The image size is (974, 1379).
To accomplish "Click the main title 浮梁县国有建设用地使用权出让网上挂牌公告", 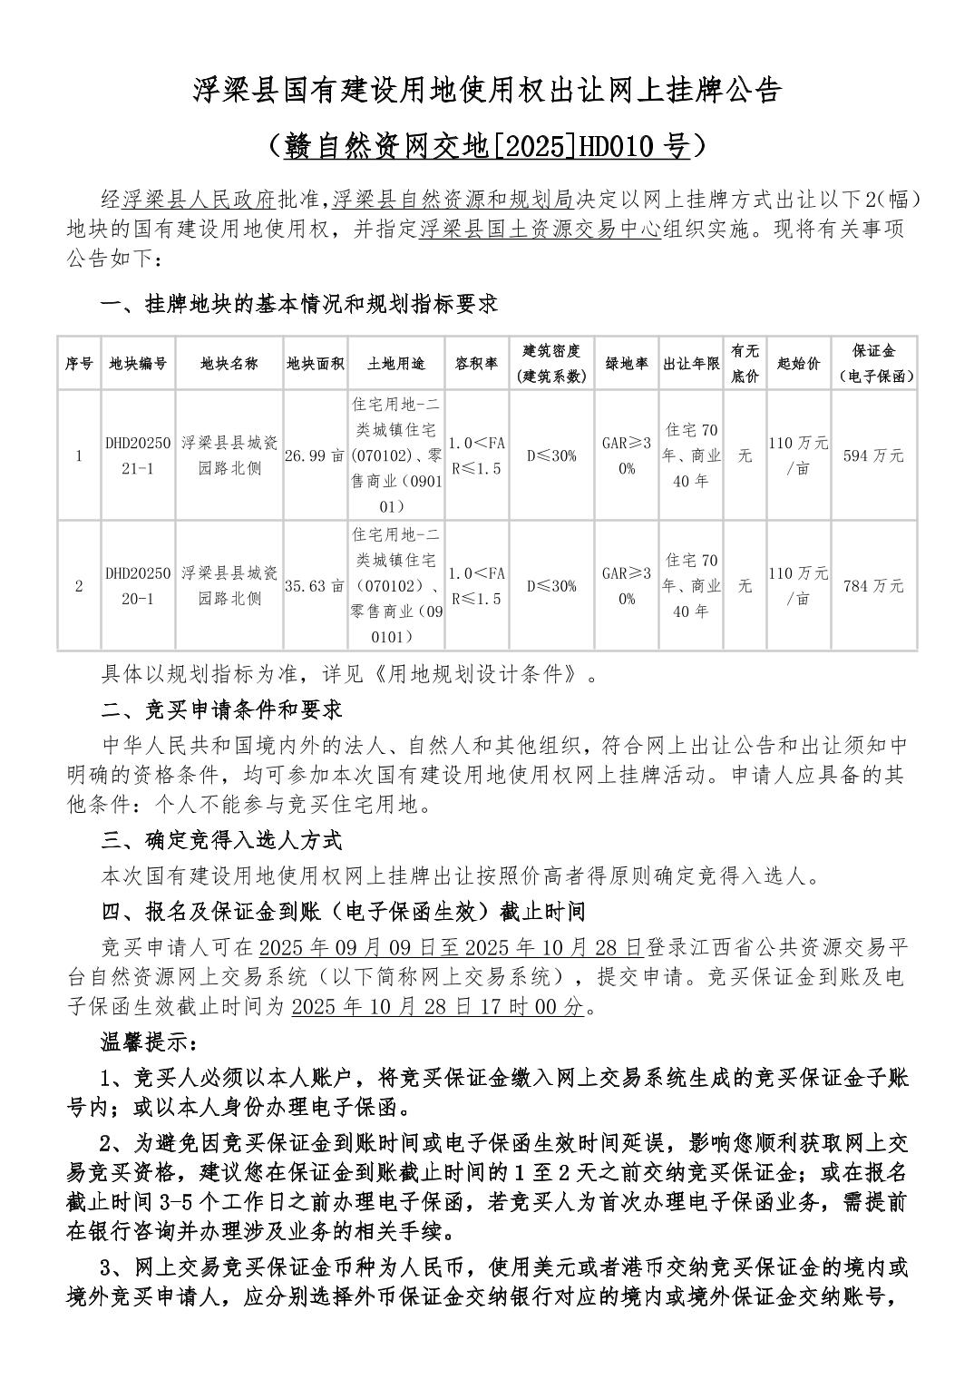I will (487, 91).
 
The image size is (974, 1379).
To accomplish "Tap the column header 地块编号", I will (138, 363).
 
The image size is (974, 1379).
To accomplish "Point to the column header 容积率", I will (476, 363).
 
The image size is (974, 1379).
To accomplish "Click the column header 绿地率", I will (627, 363).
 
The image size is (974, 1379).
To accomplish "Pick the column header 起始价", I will (798, 363).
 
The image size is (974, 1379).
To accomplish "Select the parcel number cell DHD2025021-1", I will (138, 455).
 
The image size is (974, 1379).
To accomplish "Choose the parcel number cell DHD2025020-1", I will (138, 586).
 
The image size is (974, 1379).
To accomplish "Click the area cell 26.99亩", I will (315, 455).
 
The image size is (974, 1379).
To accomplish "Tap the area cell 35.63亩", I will (315, 586).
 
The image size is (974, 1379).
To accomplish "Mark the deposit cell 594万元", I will (873, 455).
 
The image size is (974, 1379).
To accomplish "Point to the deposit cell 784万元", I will (873, 586).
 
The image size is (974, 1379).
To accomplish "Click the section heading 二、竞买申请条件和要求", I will (222, 709).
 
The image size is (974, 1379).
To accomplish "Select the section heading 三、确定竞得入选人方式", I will (222, 839).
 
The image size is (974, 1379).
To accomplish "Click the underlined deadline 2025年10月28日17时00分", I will (439, 1006).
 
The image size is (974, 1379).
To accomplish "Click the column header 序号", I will (79, 363).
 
